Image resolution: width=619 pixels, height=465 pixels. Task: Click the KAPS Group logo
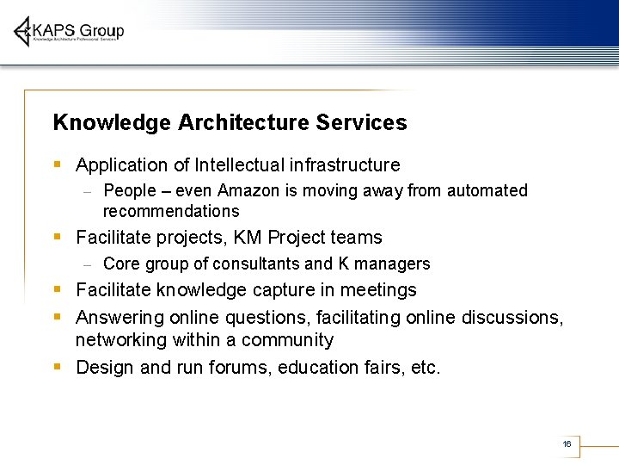point(69,32)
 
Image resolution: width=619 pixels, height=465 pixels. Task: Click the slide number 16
point(567,443)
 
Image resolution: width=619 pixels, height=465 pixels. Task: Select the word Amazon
point(249,190)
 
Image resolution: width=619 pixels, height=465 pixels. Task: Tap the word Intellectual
point(241,164)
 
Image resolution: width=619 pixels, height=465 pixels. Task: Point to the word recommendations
point(171,212)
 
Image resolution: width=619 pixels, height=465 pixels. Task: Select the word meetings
point(379,290)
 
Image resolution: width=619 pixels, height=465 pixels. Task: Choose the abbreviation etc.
point(425,368)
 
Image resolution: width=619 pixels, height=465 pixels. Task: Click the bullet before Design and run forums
point(57,367)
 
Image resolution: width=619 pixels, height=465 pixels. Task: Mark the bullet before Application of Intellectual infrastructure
point(57,164)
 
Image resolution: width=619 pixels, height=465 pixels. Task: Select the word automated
point(487,190)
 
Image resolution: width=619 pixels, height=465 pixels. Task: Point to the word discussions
point(512,318)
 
